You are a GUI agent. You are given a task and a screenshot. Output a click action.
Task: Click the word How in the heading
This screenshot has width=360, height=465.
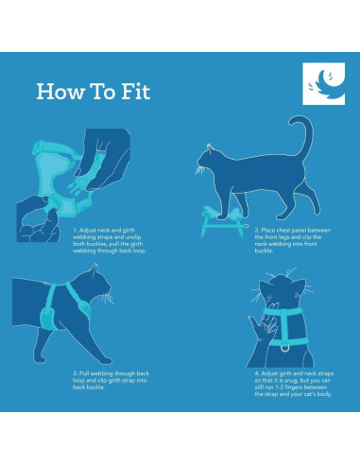[x=60, y=92]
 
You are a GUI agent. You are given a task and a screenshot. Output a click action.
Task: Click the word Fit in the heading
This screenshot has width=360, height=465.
[x=136, y=92]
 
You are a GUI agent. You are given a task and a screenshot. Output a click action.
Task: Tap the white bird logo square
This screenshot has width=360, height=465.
[x=324, y=84]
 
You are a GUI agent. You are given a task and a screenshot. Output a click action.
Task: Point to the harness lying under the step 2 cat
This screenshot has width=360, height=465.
[x=223, y=221]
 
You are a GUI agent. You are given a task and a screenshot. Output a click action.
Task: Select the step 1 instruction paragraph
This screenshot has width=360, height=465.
[x=110, y=240]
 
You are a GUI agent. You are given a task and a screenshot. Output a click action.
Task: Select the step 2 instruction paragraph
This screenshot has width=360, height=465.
[x=293, y=240]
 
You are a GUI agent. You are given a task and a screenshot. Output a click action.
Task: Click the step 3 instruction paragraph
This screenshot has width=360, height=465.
[x=111, y=380]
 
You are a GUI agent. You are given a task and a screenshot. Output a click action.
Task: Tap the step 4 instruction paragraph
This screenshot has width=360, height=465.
[x=294, y=384]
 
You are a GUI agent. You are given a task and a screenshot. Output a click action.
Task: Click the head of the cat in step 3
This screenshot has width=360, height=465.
[x=94, y=285]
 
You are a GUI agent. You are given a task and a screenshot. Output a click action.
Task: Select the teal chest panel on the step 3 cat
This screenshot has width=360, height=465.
[x=48, y=319]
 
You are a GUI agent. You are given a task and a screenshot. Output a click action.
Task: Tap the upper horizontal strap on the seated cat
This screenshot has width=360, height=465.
[x=283, y=312]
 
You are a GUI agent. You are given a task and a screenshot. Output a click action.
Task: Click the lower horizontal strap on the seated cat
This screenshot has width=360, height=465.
[x=288, y=342]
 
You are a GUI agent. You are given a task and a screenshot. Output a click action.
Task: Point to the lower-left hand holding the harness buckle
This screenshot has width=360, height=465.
[x=38, y=219]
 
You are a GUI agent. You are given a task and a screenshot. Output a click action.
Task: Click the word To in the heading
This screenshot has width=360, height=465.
[x=104, y=92]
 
